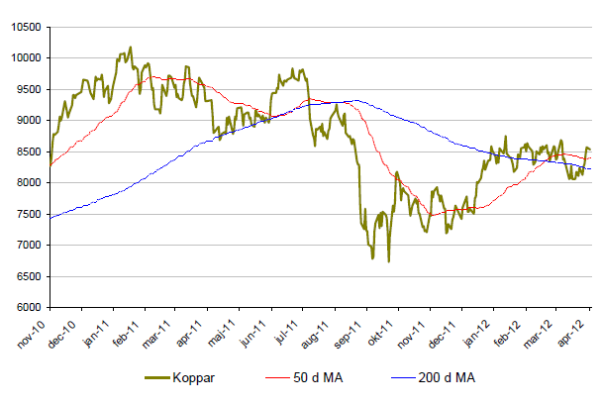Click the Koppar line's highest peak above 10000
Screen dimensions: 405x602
130,47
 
